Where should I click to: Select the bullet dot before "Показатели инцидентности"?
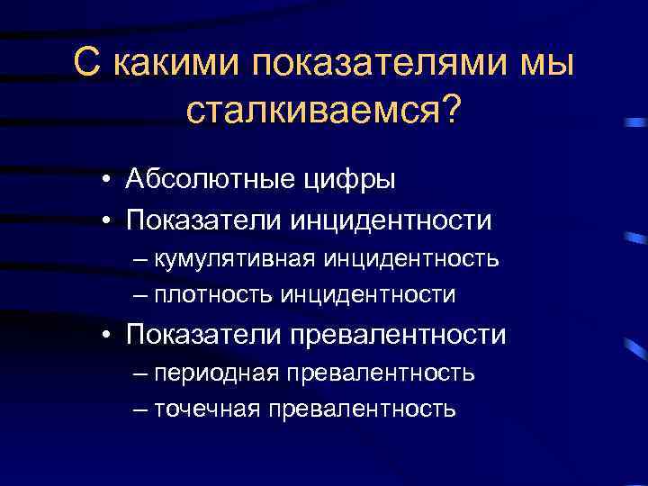click(x=106, y=220)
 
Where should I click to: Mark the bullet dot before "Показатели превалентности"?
click(x=106, y=336)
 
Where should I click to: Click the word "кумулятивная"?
click(x=234, y=261)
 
